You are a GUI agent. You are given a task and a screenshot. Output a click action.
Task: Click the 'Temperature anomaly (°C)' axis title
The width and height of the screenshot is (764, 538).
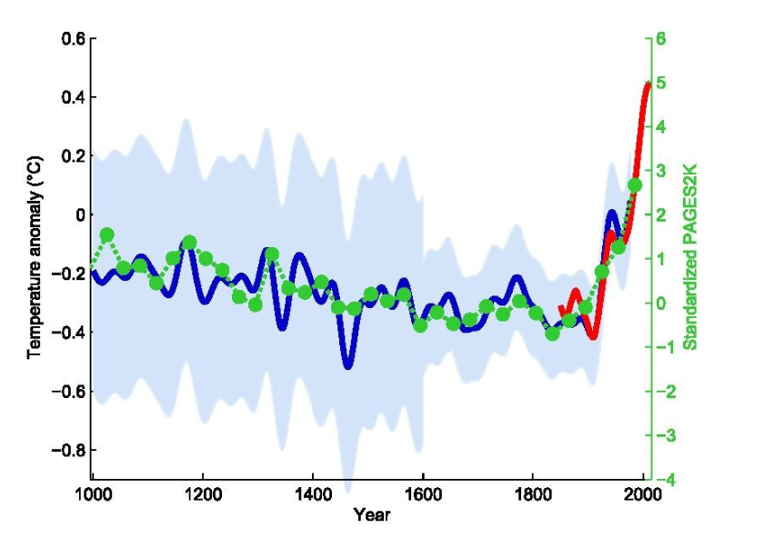coord(35,258)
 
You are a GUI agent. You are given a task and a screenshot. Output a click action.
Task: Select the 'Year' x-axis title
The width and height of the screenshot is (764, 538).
coord(372,515)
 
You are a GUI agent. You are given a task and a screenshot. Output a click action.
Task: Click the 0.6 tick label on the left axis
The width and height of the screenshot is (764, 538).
coord(72,39)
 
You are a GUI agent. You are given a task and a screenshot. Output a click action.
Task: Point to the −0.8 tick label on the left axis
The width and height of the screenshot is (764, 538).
coord(66,451)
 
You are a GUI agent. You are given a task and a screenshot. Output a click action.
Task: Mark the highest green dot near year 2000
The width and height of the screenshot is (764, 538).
coord(635,185)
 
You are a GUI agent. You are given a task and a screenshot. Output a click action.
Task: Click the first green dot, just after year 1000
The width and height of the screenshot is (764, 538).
coord(107,234)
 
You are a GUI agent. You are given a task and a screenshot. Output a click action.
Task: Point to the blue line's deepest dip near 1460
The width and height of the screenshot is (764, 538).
coord(348,365)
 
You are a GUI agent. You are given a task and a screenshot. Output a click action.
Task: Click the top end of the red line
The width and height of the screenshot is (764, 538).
coord(647,85)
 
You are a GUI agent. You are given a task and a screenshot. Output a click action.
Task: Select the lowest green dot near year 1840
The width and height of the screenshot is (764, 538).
coord(552,334)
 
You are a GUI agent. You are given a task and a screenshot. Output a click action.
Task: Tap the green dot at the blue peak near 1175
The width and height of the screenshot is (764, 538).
coord(189,243)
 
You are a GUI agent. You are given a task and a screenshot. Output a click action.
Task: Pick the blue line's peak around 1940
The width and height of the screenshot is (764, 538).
coord(612,214)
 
